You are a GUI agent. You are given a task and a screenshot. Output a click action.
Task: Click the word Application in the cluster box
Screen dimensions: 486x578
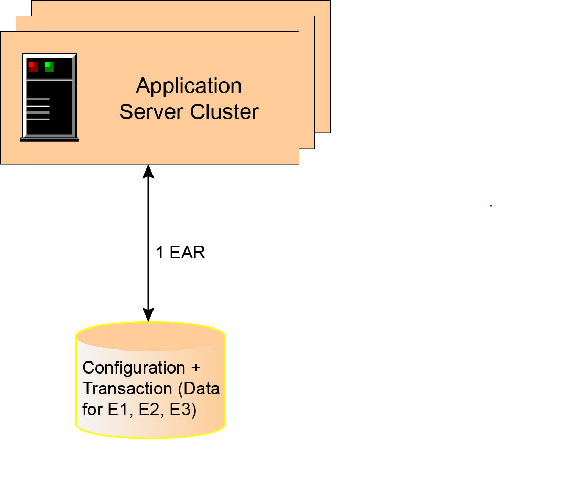[189, 86]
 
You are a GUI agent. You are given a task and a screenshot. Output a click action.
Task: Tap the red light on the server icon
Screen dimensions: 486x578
[32, 66]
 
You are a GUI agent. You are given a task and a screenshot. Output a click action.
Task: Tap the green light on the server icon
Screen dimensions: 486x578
[49, 66]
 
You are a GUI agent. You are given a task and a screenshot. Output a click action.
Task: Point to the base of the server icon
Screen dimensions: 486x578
[49, 139]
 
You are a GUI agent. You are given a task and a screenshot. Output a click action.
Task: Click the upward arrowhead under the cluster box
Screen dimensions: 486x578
[149, 171]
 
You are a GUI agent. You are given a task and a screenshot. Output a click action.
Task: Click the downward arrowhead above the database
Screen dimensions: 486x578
[149, 314]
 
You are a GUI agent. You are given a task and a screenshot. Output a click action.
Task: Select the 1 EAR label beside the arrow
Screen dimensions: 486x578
[180, 253]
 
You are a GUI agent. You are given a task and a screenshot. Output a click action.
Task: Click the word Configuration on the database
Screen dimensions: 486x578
[134, 368]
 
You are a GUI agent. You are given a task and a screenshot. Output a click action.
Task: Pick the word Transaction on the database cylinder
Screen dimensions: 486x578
[127, 389]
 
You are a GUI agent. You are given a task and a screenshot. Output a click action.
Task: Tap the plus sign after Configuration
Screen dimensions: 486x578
[195, 368]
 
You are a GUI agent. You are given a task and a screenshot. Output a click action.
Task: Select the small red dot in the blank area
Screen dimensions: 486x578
[490, 206]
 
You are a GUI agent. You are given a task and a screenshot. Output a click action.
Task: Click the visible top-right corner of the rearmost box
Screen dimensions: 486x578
[329, 2]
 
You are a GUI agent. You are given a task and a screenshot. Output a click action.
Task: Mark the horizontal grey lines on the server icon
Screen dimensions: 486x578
[38, 109]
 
